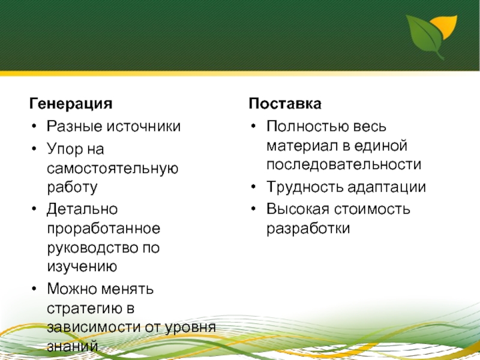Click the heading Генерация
click(x=71, y=103)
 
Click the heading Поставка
click(x=285, y=103)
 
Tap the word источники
click(x=143, y=127)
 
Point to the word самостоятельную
click(x=113, y=169)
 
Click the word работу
click(x=72, y=187)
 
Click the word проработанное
click(x=104, y=229)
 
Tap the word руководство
click(x=92, y=248)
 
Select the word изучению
click(x=82, y=266)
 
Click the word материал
click(x=302, y=146)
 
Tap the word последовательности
click(x=344, y=165)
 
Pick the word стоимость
click(x=371, y=209)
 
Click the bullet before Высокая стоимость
click(x=253, y=209)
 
